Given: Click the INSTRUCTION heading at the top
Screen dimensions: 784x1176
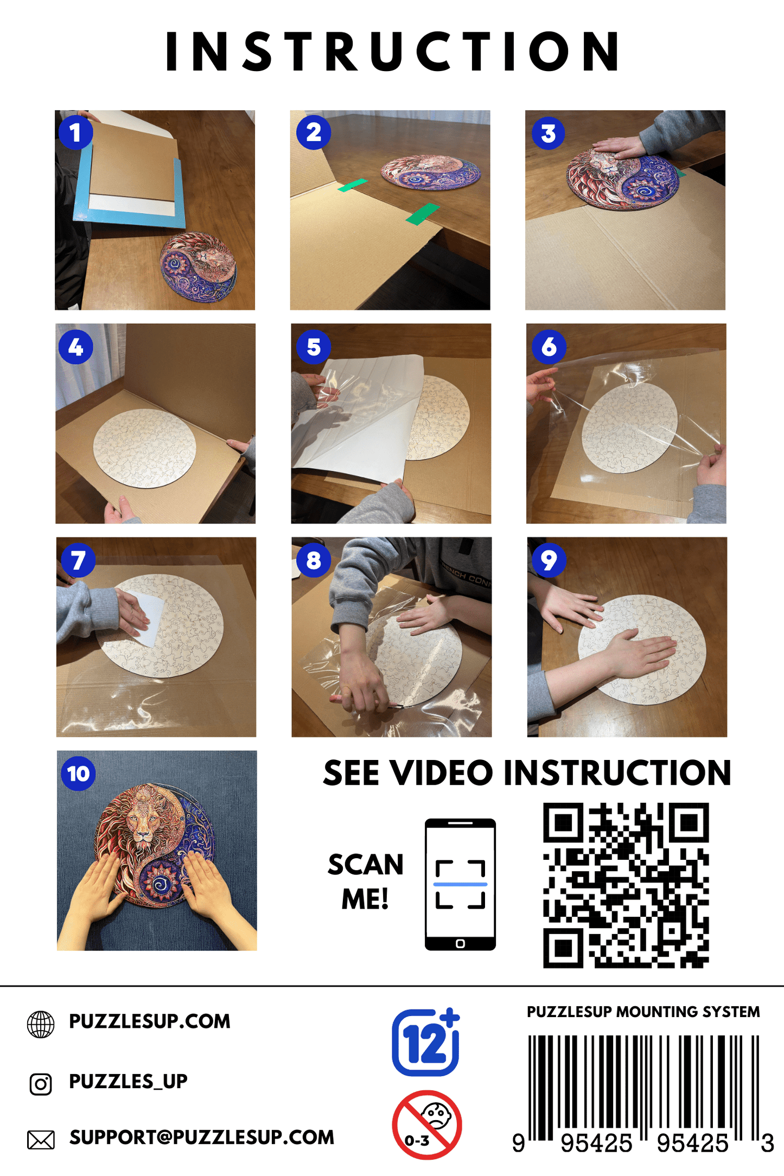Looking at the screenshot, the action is coord(392,51).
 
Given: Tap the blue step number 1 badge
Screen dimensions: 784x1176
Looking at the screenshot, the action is coord(76,132).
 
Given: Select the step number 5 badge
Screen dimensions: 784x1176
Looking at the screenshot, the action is coord(314,347).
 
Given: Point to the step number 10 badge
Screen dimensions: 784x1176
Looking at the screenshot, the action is coord(79,774).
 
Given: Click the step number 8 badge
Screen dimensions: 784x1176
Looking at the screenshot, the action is coord(314,560).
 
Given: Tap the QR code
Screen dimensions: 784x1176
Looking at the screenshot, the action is coord(626,885).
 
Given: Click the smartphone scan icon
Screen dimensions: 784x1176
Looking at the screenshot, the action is coord(460,885).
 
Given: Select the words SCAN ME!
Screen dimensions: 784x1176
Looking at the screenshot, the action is coord(366,881).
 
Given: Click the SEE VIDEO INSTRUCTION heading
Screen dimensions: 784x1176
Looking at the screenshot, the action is coord(527,772).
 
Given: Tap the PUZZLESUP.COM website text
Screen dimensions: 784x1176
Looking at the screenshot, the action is coord(150,1021).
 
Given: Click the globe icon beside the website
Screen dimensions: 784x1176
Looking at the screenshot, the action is coord(41,1025).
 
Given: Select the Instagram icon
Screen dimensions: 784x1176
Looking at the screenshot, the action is coord(41,1084).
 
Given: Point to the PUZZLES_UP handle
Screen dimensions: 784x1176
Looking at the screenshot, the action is coord(128,1082).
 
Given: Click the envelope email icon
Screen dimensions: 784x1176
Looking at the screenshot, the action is coord(41,1140).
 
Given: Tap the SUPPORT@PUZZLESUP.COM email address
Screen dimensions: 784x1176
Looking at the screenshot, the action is coord(202,1137).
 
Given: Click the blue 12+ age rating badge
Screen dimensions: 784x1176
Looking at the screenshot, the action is coord(426,1042).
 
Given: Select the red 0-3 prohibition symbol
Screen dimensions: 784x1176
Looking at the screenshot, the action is coord(427,1125).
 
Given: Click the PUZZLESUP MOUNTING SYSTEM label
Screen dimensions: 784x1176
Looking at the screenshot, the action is coord(643,1012).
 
